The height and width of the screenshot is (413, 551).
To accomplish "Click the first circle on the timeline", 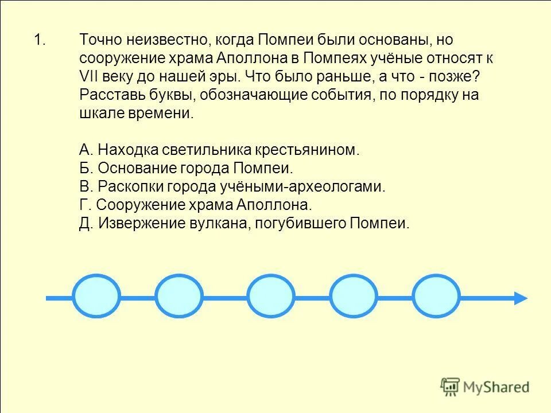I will click(x=97, y=297).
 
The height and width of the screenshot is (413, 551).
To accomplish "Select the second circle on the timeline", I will click(x=179, y=297).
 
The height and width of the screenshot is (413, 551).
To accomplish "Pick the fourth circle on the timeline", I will click(x=354, y=297).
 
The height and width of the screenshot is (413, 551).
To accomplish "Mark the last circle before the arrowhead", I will click(x=437, y=297).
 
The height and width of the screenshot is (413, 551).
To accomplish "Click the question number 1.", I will click(x=39, y=40).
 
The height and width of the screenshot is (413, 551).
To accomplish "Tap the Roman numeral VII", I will click(x=90, y=77).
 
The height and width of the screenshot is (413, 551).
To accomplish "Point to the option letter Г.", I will click(x=84, y=205).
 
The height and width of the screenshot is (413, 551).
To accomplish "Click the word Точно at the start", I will click(x=100, y=40).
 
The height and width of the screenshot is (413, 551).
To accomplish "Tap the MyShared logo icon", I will click(x=450, y=385).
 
